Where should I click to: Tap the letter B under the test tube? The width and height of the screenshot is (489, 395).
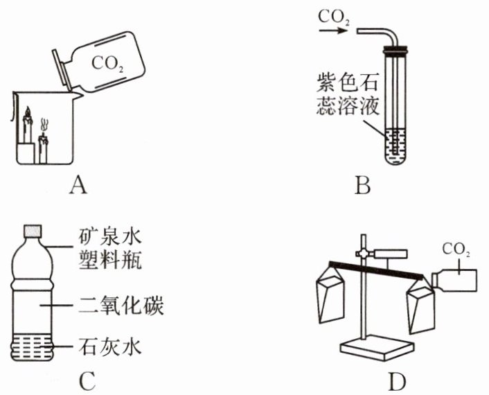[x=362, y=185]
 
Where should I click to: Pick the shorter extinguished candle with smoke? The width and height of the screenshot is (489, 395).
[x=43, y=147]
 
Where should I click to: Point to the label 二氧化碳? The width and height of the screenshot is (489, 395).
[x=111, y=305]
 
